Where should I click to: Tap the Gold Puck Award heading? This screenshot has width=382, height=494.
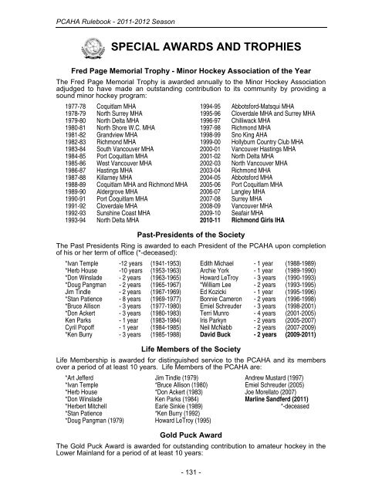[x=190, y=434]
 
